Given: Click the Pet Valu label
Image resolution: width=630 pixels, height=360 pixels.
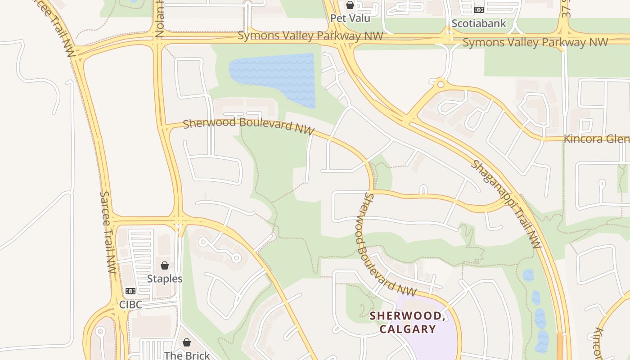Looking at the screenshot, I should click(x=350, y=18).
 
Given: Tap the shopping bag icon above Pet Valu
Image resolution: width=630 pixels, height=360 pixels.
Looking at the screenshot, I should click(x=350, y=5).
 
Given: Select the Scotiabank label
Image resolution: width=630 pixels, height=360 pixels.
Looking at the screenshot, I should click(x=478, y=23).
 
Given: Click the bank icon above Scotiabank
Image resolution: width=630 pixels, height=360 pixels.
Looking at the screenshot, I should click(x=478, y=9).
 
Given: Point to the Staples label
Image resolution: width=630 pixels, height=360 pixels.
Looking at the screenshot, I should click(x=165, y=279).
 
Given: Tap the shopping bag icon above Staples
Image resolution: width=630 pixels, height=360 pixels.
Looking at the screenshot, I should click(x=165, y=265).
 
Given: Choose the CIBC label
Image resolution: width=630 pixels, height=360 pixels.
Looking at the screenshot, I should click(x=130, y=305).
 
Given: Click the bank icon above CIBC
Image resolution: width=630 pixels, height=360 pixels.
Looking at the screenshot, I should click(x=130, y=291).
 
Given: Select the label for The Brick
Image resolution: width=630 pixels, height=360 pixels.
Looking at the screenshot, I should click(x=187, y=355).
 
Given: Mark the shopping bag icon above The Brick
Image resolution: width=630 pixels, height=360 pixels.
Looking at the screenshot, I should click(x=187, y=342).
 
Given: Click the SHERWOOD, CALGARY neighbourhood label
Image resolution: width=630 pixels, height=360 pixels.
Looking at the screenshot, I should click(x=408, y=322).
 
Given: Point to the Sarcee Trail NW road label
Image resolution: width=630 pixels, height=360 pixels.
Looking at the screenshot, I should click(x=108, y=232).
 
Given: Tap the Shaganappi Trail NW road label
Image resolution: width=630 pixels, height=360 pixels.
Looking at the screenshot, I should click(x=506, y=204).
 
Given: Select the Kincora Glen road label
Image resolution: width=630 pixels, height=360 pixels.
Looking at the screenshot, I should click(x=596, y=139).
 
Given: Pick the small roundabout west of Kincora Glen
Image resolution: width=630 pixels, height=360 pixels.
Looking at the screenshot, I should click(x=441, y=84).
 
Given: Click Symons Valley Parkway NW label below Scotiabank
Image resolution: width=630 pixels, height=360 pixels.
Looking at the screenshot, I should click(x=535, y=43).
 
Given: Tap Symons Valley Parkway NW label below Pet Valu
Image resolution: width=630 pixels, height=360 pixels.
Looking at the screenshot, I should click(x=310, y=36).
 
